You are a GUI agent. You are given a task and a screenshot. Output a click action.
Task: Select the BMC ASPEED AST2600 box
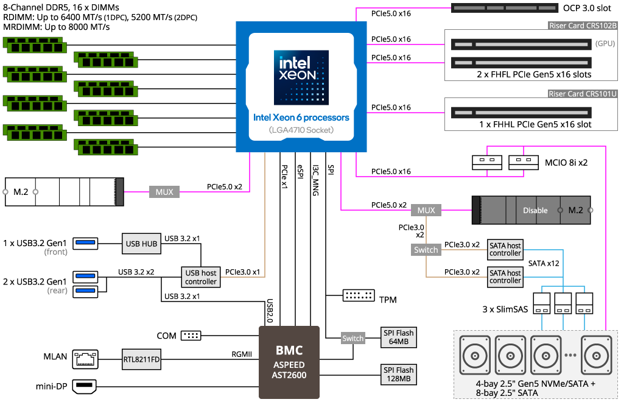(x=289, y=362)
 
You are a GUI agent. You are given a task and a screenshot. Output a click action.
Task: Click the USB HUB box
(x=141, y=244)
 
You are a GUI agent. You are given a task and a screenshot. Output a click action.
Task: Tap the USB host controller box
(x=201, y=277)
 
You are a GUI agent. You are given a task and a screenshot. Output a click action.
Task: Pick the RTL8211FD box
(x=141, y=359)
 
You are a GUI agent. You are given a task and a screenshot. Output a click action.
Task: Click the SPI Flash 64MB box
(x=398, y=337)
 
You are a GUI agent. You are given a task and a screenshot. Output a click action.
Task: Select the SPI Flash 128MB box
(x=398, y=374)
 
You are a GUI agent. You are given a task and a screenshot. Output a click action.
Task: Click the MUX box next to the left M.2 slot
(x=164, y=192)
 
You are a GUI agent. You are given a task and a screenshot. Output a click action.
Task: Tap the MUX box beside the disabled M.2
(x=426, y=210)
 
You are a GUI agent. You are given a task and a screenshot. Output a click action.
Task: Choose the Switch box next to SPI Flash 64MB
(x=353, y=338)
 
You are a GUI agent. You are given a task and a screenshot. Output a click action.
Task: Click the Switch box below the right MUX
(x=426, y=250)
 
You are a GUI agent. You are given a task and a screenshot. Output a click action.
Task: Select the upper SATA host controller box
(x=505, y=249)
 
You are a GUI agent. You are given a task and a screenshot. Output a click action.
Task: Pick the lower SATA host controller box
(x=505, y=277)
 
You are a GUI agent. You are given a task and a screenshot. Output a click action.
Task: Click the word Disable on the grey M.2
(x=535, y=210)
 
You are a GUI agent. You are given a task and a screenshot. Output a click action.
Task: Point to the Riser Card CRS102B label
(x=583, y=26)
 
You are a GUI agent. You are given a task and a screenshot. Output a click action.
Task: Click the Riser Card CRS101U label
(x=583, y=94)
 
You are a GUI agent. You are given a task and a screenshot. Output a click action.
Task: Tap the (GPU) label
(x=605, y=44)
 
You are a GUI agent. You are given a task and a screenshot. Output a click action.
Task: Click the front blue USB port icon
(x=85, y=244)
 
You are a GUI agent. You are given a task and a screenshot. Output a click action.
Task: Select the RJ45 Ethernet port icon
(x=85, y=359)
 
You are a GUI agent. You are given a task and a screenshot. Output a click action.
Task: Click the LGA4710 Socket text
(x=301, y=130)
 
